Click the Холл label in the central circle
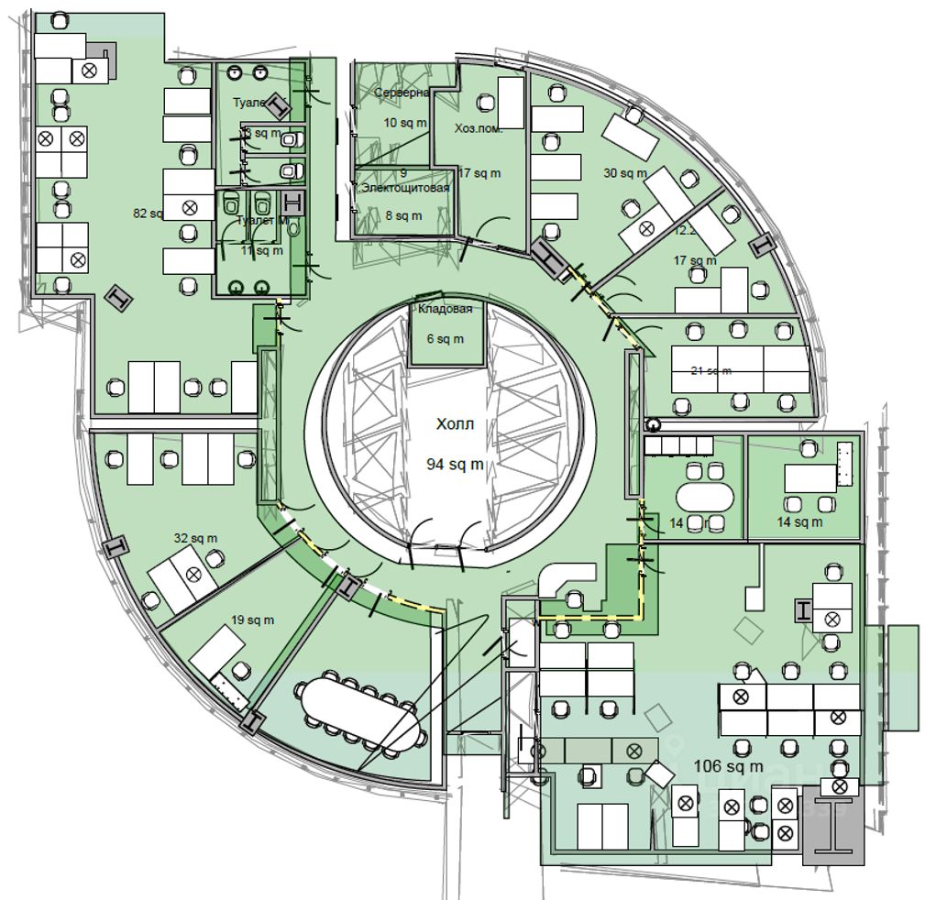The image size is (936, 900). (456, 425)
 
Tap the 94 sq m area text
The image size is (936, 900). (456, 465)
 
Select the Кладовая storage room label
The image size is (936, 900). (446, 310)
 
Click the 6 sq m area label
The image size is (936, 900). (446, 339)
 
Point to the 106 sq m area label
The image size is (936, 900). (728, 766)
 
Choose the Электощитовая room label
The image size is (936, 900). (405, 188)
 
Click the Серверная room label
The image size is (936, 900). (402, 93)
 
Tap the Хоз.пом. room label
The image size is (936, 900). (479, 129)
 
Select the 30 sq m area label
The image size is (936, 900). (625, 172)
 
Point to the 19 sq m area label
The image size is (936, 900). (252, 620)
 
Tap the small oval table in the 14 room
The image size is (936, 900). (705, 497)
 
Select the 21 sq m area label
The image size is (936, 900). (711, 370)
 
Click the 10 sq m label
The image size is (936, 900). (404, 122)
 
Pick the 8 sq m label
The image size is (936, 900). (403, 216)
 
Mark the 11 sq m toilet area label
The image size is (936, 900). (262, 250)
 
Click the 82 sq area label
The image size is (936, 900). (148, 214)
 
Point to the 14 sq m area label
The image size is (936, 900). (800, 522)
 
